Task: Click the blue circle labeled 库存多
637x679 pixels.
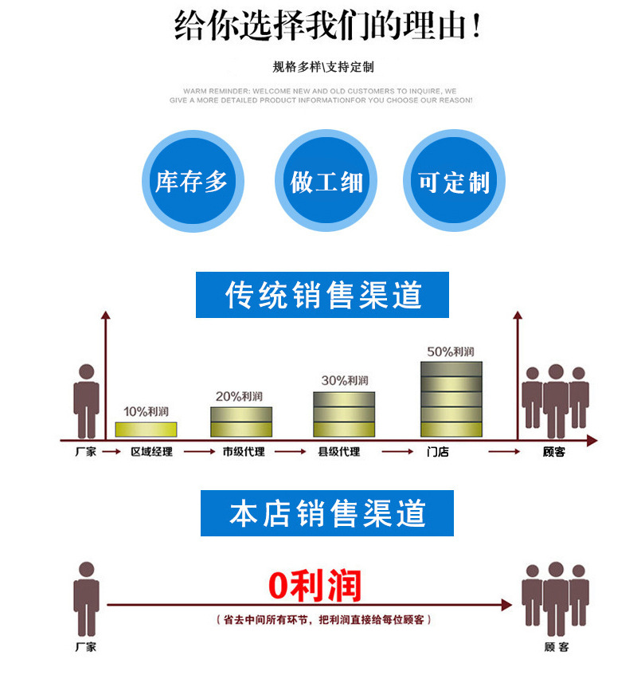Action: point(192,182)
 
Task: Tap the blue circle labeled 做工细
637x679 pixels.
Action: point(326,182)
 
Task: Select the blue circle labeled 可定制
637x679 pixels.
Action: point(455,182)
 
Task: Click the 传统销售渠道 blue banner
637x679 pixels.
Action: point(322,295)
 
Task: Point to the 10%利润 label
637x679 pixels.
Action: point(146,411)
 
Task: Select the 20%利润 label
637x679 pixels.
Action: point(240,395)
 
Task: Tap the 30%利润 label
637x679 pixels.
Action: point(345,380)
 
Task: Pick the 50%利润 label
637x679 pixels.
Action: point(451,351)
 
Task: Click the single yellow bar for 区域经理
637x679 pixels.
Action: point(146,430)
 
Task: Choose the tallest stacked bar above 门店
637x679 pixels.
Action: point(451,399)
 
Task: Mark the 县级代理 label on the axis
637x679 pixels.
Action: point(339,452)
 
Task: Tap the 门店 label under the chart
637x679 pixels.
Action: point(438,452)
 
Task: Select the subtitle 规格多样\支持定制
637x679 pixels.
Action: point(323,67)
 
